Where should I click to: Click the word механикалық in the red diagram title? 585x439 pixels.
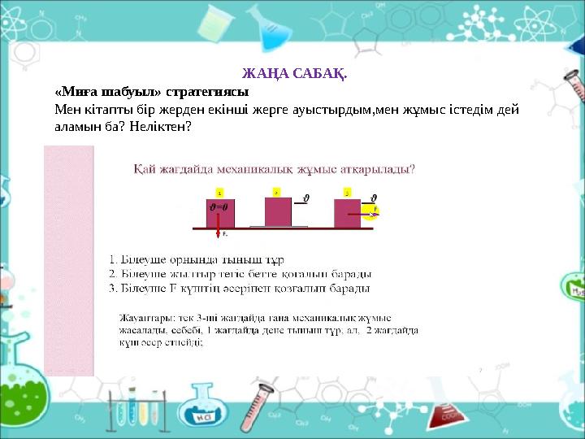tap(245, 170)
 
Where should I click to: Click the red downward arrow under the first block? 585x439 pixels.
tap(218, 233)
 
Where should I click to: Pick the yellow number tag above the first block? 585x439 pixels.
tap(218, 193)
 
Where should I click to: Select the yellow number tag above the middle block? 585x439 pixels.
tap(276, 193)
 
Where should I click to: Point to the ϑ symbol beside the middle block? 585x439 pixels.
tap(306, 197)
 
